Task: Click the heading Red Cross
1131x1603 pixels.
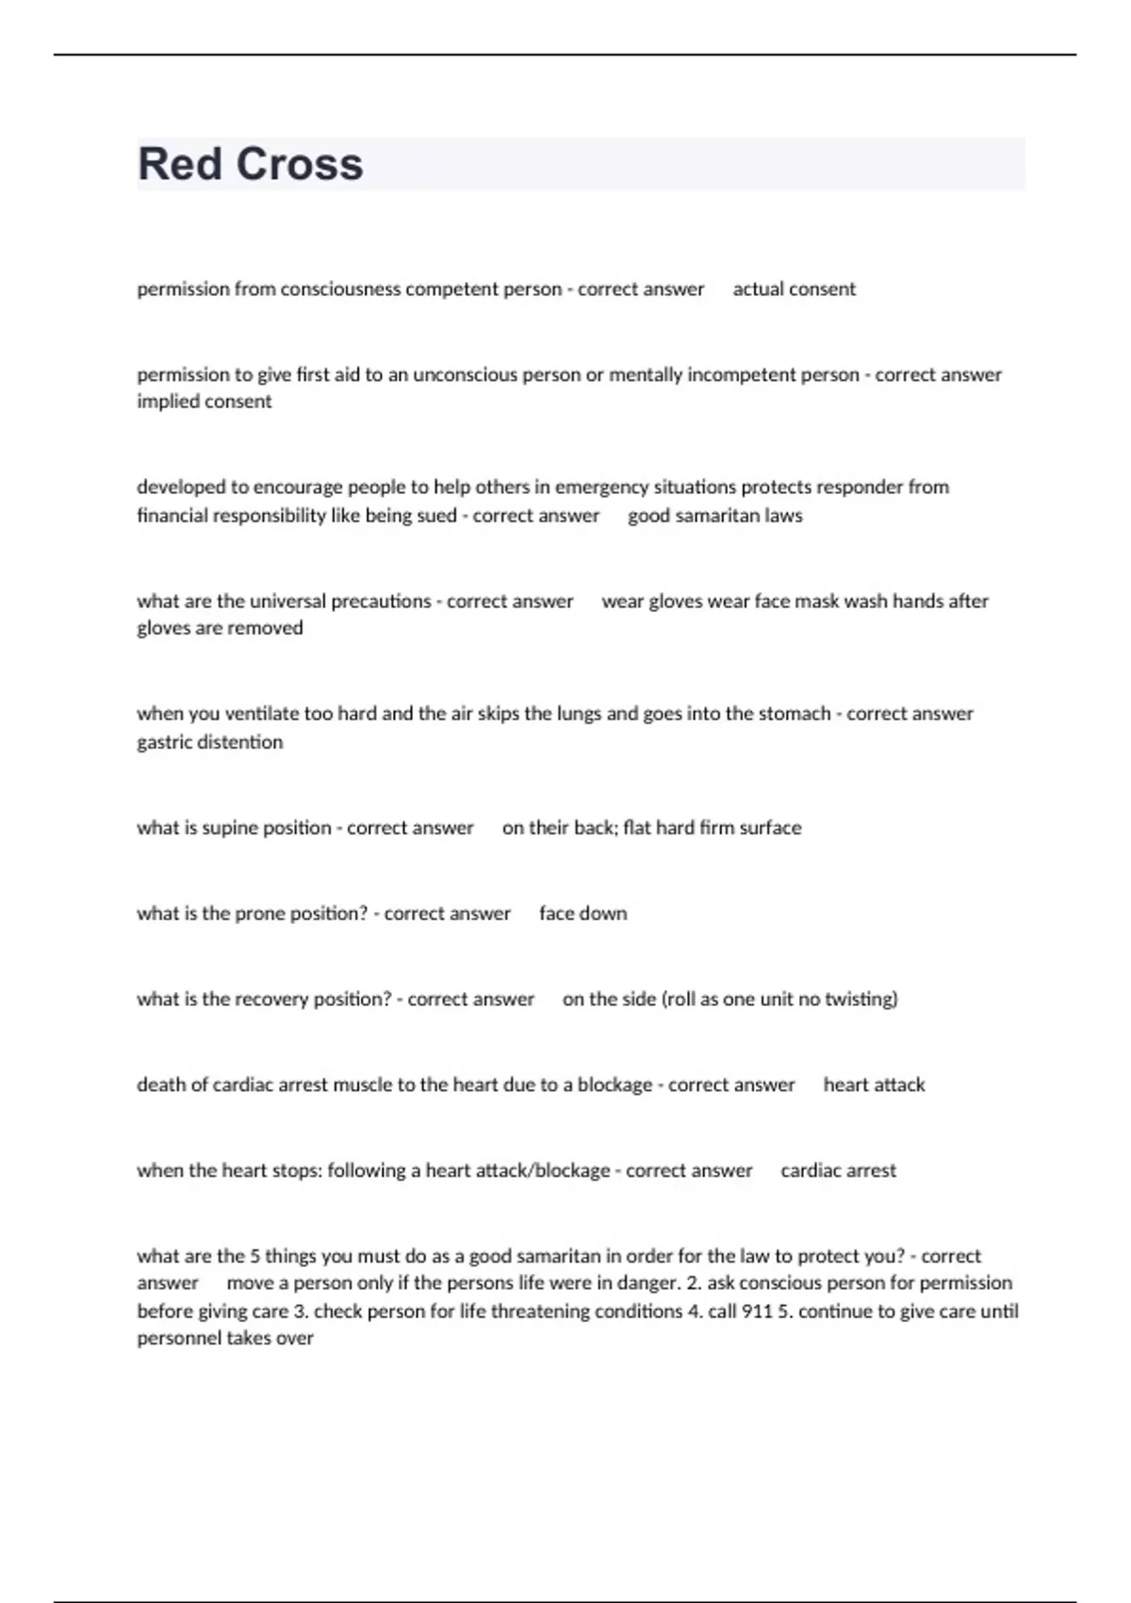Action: point(250,164)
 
